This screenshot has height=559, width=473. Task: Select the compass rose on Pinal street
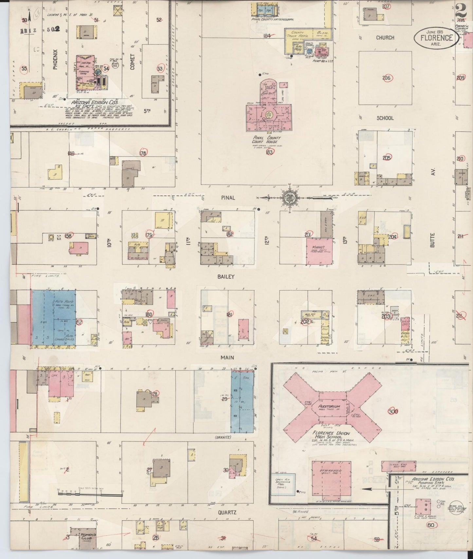point(290,197)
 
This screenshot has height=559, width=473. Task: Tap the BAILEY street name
point(226,277)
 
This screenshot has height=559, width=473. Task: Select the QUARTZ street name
point(227,513)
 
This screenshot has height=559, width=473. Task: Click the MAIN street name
point(227,357)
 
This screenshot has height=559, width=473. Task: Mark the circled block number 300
point(393,411)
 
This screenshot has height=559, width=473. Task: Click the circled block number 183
point(270,152)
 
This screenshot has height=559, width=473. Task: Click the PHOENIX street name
point(55,59)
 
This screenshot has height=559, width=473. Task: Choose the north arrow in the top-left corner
point(29,16)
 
